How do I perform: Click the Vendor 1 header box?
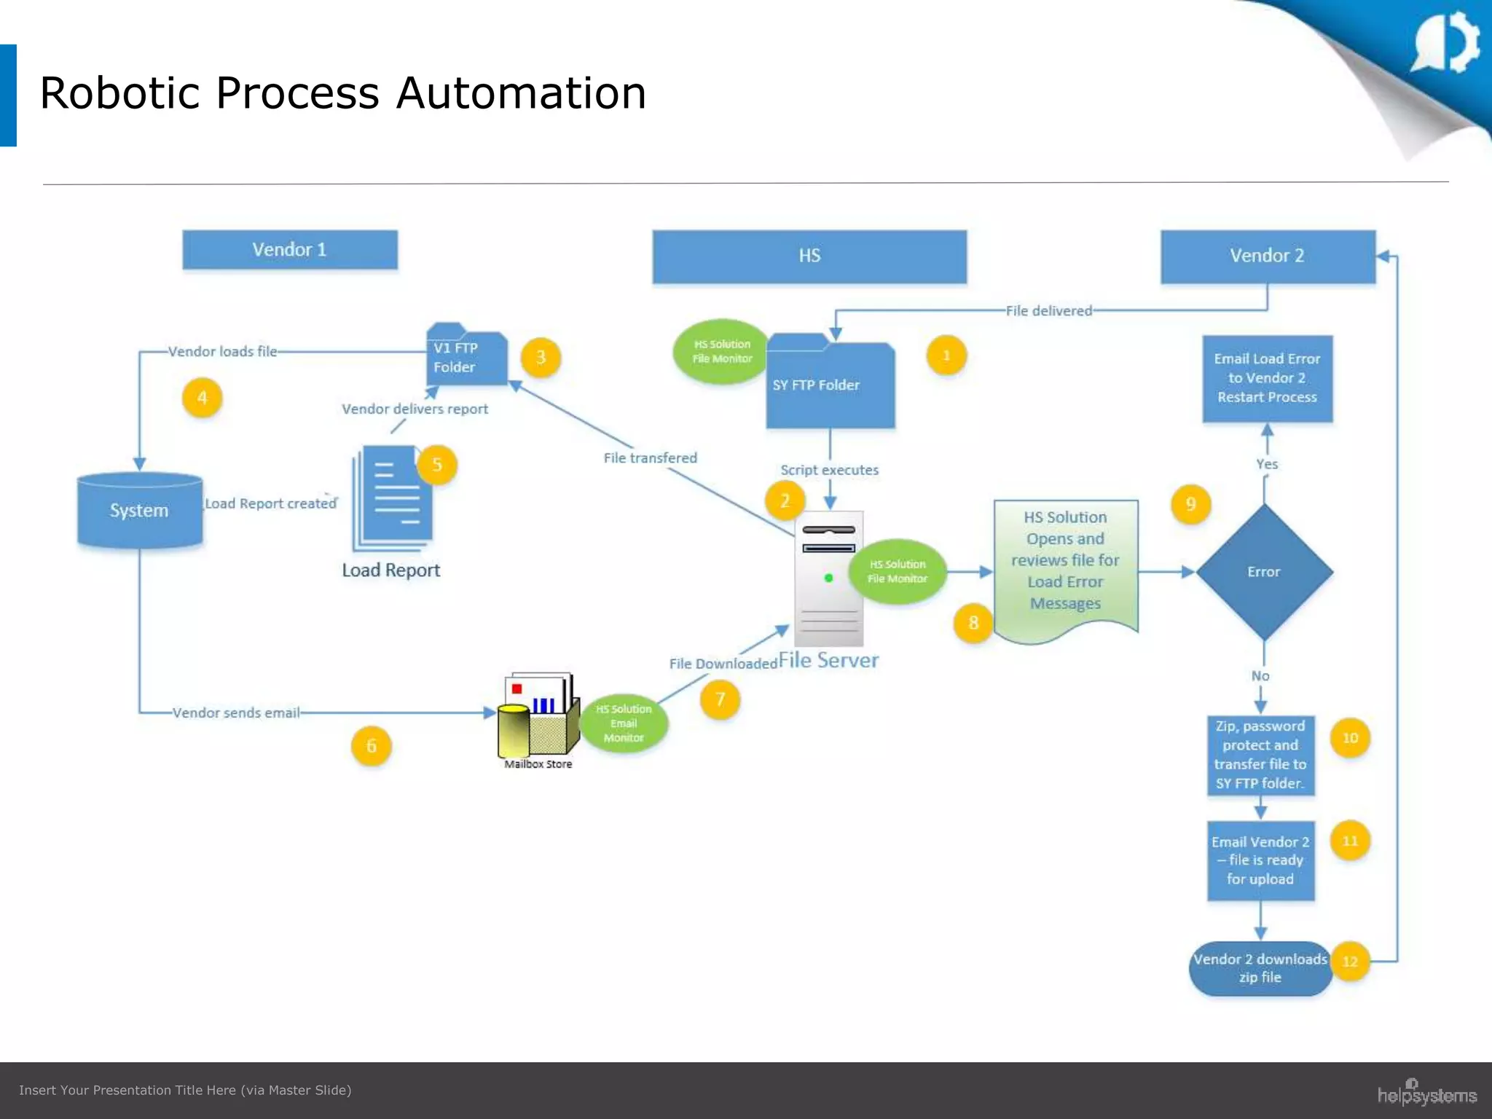(290, 250)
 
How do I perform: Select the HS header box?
(809, 256)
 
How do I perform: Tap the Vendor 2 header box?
(1268, 256)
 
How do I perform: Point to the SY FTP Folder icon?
(830, 384)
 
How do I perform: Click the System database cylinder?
(140, 511)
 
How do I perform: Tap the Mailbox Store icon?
(538, 717)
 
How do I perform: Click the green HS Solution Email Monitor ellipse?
(624, 723)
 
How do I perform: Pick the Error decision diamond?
(1264, 572)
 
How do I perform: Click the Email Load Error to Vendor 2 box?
(1268, 378)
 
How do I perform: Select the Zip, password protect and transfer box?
(1260, 755)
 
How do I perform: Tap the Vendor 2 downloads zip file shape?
(1260, 968)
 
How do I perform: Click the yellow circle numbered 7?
(720, 699)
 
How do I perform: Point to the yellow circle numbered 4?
(202, 398)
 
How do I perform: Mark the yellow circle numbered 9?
(1190, 504)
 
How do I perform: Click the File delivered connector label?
(1048, 311)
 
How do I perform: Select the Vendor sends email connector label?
(236, 713)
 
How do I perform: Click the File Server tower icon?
(829, 579)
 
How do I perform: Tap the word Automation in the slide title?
(521, 93)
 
